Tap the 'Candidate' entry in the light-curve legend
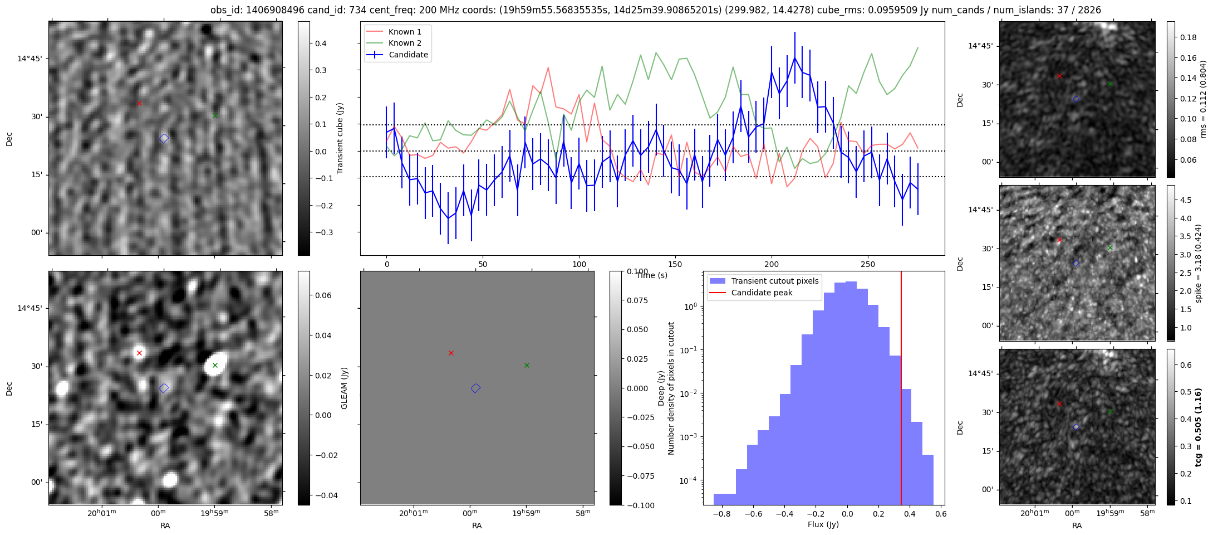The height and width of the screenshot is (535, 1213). pyautogui.click(x=408, y=55)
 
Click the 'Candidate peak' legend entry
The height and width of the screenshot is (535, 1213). pyautogui.click(x=762, y=293)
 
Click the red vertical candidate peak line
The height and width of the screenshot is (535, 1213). pyautogui.click(x=901, y=390)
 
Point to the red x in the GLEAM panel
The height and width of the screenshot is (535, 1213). pyautogui.click(x=451, y=353)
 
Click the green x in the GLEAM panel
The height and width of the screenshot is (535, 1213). pyautogui.click(x=527, y=365)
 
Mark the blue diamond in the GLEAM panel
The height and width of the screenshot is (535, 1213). pyautogui.click(x=475, y=388)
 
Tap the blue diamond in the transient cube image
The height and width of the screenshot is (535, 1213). pyautogui.click(x=164, y=138)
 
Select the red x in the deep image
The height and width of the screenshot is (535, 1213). pyautogui.click(x=139, y=353)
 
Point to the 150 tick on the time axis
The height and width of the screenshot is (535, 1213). pyautogui.click(x=675, y=264)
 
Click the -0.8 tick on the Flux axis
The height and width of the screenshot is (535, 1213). pyautogui.click(x=721, y=514)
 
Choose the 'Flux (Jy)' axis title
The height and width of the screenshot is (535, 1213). pyautogui.click(x=823, y=524)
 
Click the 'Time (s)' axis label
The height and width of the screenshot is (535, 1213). pyautogui.click(x=651, y=275)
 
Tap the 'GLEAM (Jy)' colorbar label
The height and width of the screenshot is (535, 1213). pyautogui.click(x=344, y=388)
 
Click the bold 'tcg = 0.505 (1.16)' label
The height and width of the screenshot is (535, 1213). pyautogui.click(x=1198, y=427)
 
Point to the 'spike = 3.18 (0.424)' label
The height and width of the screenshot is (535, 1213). pyautogui.click(x=1198, y=263)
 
